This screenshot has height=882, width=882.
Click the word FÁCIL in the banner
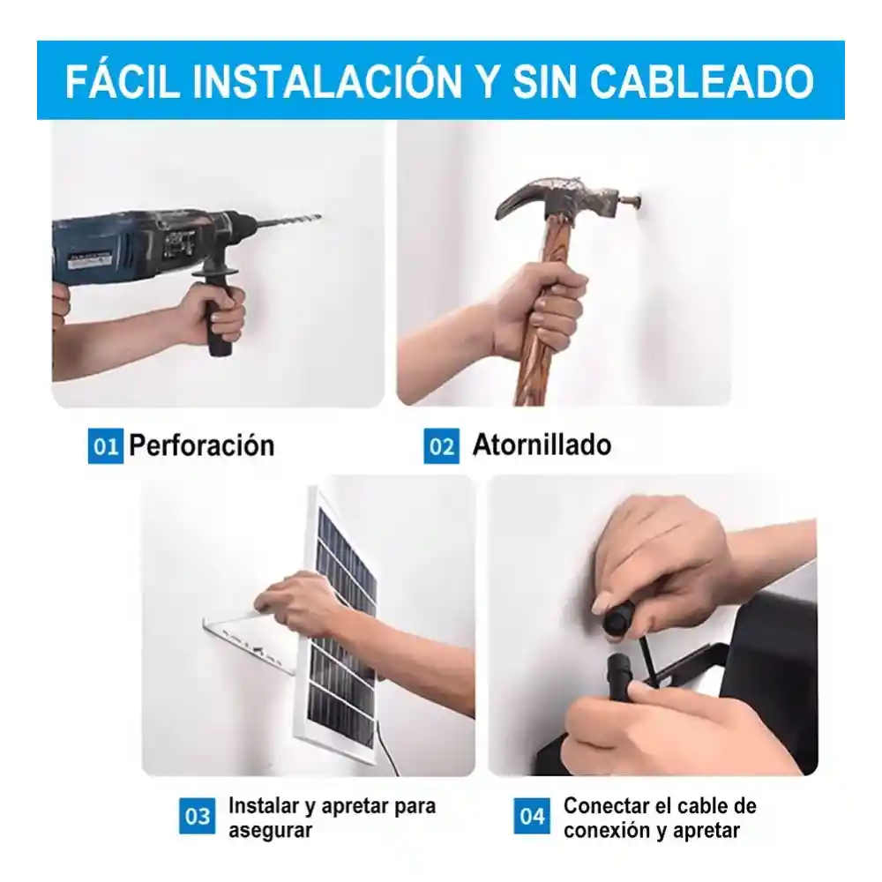(123, 82)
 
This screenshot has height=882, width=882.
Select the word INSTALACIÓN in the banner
(327, 82)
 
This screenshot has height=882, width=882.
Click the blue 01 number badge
(105, 446)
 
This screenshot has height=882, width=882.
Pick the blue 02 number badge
(441, 446)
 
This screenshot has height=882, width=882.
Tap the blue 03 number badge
(197, 816)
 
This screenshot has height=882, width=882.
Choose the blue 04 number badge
(532, 816)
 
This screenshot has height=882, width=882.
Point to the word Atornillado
(542, 445)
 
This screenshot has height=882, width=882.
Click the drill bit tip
(319, 217)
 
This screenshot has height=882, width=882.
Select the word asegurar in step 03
(270, 831)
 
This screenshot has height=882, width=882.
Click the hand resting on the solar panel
(298, 602)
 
